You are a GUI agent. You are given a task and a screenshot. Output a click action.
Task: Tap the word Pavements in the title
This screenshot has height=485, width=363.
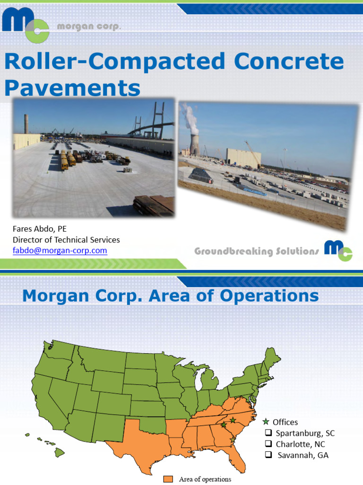click(72, 88)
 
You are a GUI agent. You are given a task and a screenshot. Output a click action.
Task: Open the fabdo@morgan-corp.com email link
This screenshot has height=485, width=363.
click(60, 250)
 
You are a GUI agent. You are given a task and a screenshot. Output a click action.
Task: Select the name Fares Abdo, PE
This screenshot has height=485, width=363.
click(40, 229)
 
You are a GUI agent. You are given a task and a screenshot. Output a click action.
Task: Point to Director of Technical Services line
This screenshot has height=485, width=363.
click(66, 240)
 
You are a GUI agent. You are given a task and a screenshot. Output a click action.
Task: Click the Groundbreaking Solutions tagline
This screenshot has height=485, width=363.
click(257, 251)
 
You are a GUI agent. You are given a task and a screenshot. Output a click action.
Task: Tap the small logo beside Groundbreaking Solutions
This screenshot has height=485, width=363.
click(338, 250)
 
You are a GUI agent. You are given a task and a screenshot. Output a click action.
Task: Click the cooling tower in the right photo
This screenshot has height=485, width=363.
click(194, 144)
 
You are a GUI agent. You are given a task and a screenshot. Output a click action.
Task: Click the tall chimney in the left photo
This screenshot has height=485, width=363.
click(26, 124)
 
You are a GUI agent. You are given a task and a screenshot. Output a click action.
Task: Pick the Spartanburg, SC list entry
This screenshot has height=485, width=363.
click(305, 433)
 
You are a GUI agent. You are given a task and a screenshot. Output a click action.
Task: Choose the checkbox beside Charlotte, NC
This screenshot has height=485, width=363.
click(268, 444)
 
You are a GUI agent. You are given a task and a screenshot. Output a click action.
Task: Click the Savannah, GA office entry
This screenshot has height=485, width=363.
click(302, 456)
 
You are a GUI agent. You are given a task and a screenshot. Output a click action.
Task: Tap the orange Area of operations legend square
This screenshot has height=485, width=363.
click(168, 479)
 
